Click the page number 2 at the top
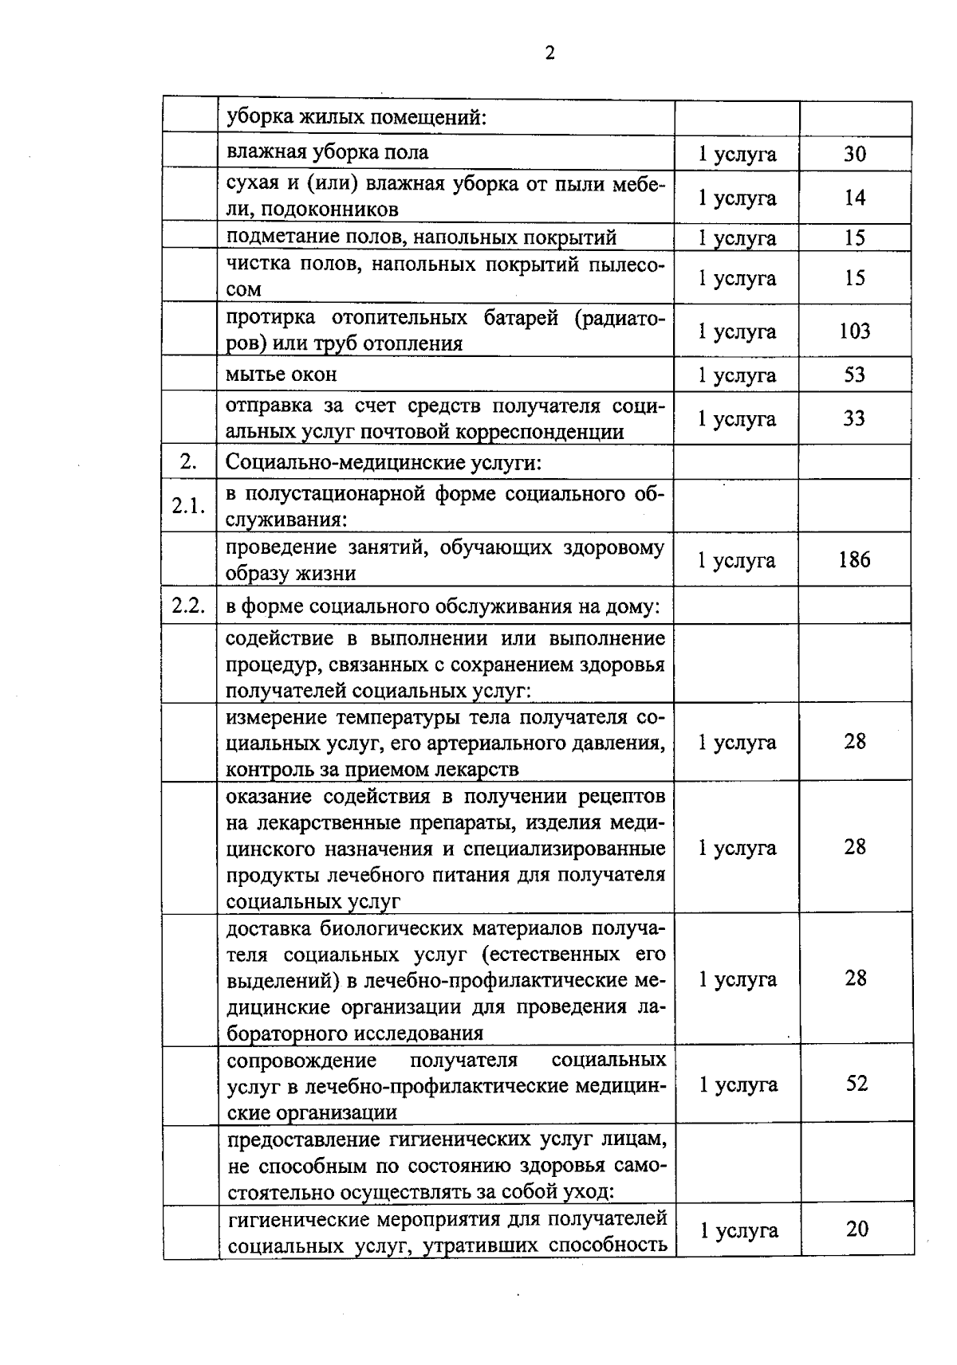click(549, 53)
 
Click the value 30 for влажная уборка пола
click(854, 154)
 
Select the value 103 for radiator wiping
click(854, 331)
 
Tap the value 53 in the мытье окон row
click(854, 375)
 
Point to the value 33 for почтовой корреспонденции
click(854, 418)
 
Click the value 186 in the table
click(854, 560)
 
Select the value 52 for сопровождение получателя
click(857, 1084)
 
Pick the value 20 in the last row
click(857, 1230)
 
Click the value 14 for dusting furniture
click(854, 198)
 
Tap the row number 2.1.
click(189, 506)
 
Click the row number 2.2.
click(189, 606)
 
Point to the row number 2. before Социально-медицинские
click(189, 462)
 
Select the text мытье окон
click(282, 375)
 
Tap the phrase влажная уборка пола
click(328, 152)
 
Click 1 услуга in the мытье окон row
click(737, 375)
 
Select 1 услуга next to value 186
click(736, 560)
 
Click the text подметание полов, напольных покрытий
click(422, 237)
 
